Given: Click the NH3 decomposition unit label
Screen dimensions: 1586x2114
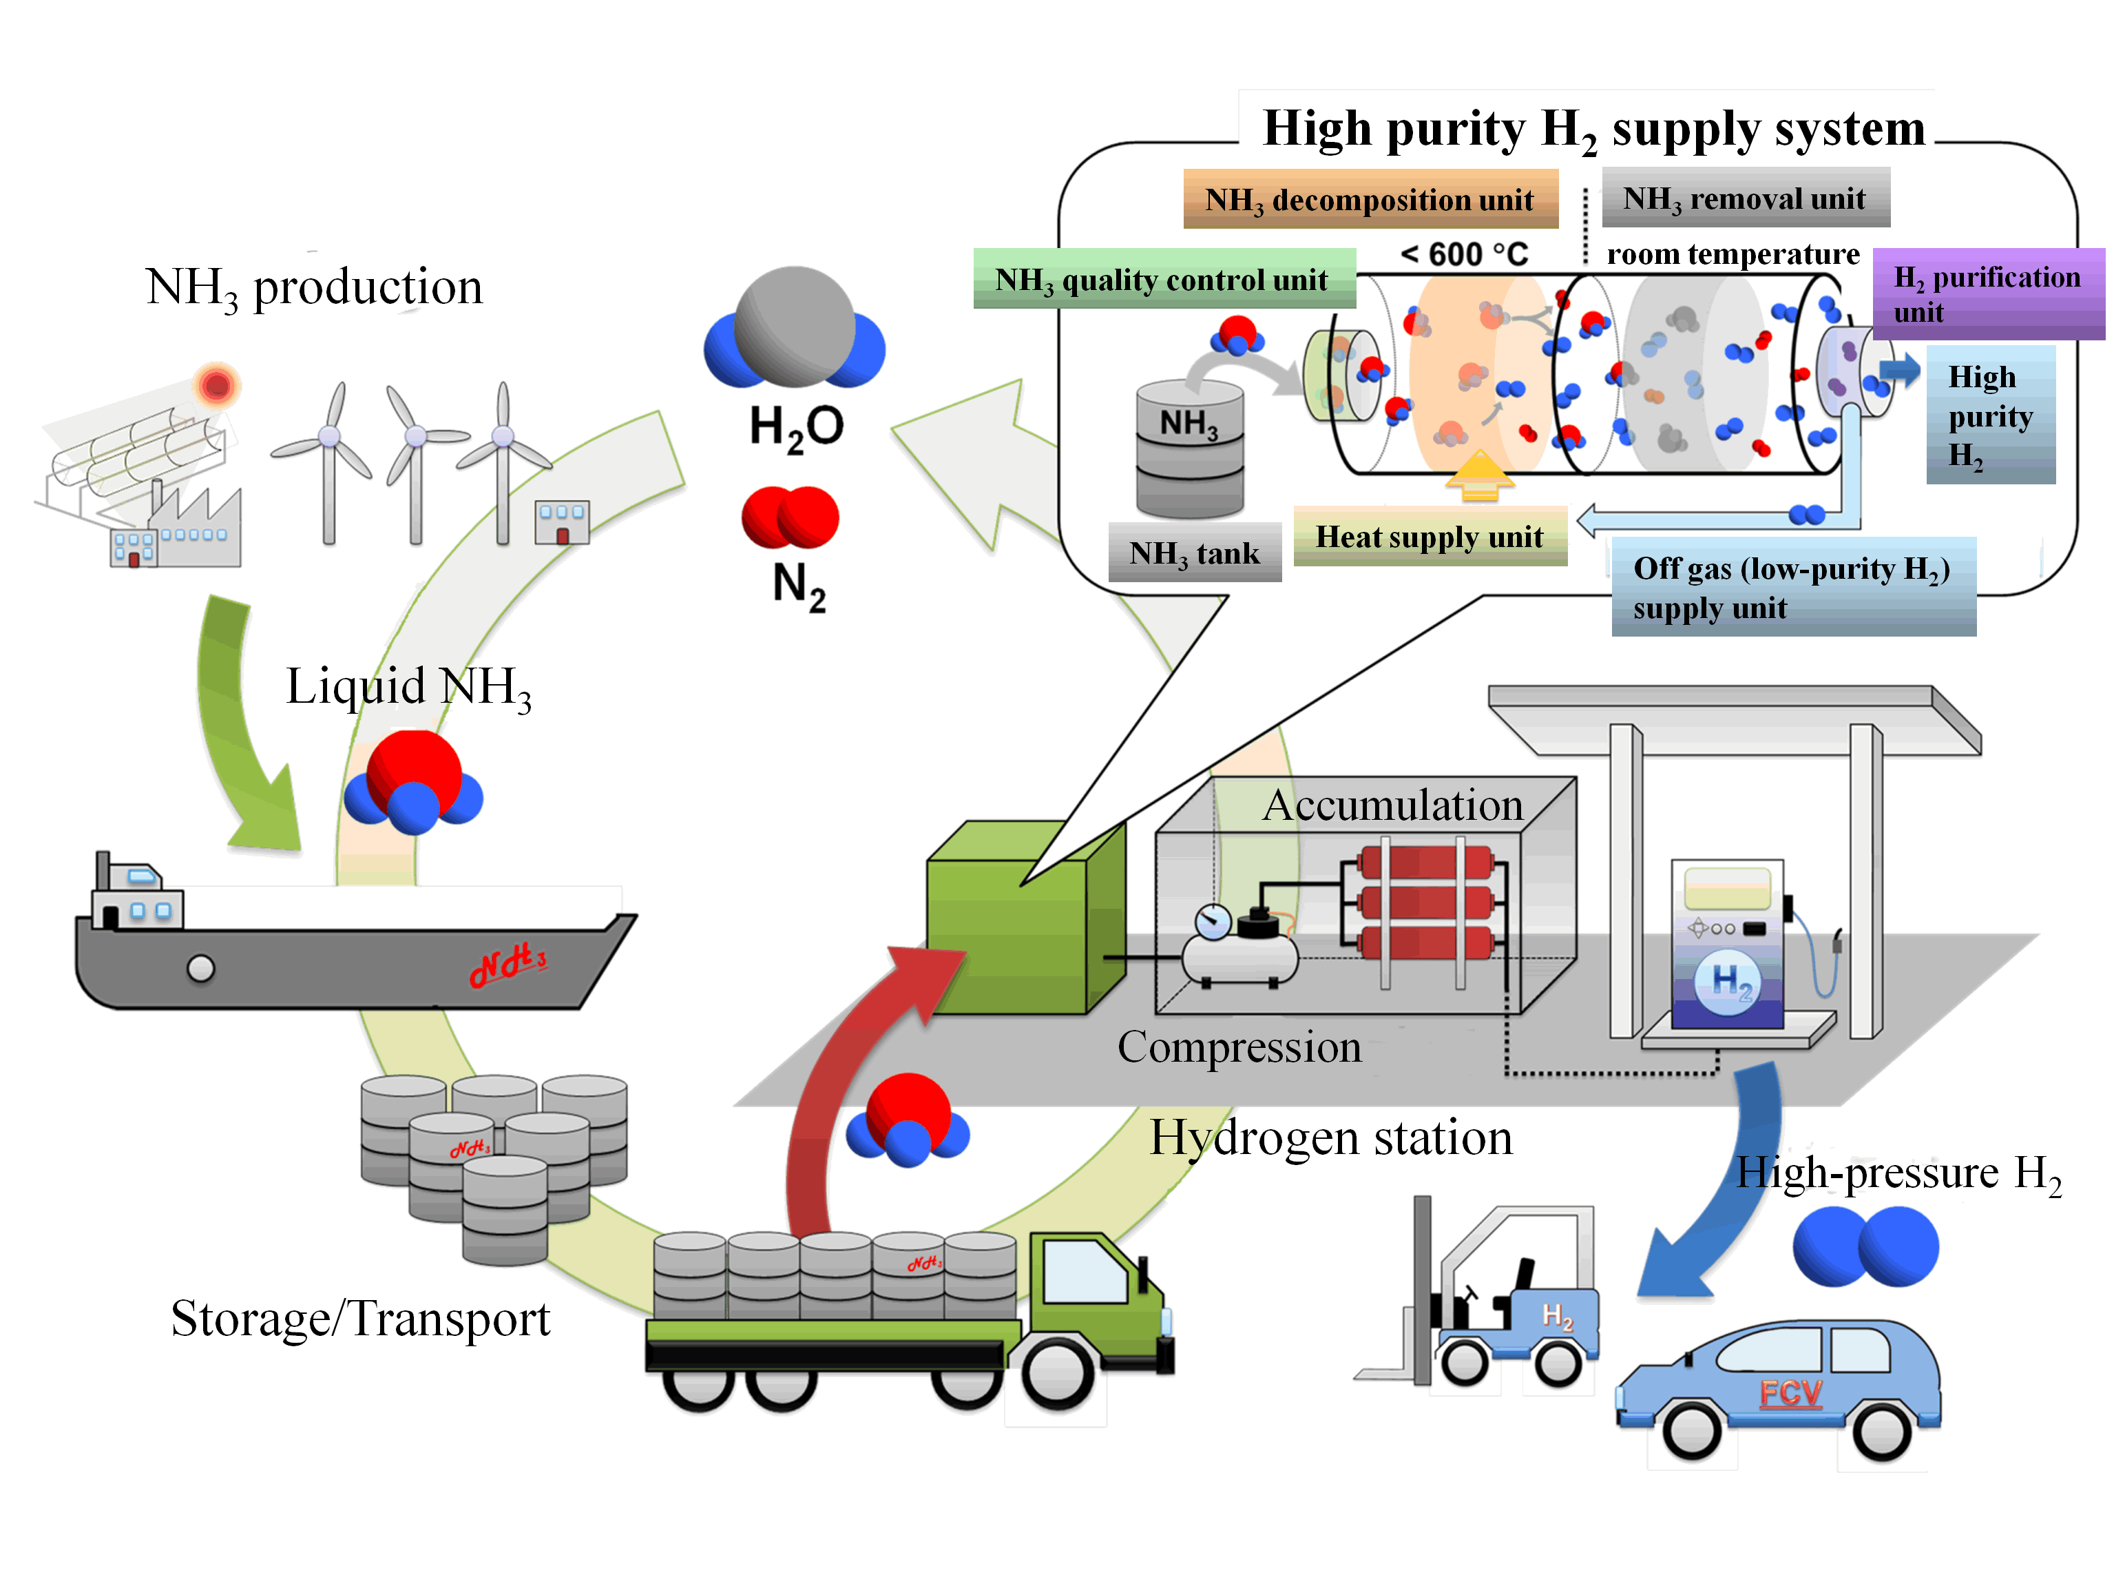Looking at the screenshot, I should (1370, 199).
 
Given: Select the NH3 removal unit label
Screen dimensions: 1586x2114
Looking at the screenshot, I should (1744, 198).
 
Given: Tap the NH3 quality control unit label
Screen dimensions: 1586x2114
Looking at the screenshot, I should (1163, 279).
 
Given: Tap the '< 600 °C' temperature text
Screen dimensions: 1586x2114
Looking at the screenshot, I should (1463, 254).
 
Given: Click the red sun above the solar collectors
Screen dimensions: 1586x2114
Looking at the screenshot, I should (217, 385).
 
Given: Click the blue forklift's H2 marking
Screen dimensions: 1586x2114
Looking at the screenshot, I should (1557, 1317).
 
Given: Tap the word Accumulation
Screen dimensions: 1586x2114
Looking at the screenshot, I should (1392, 805).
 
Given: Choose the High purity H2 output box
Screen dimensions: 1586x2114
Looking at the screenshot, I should (1990, 416).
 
